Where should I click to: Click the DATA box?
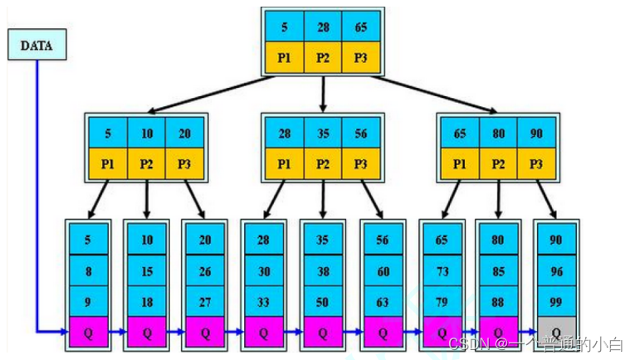coord(36,46)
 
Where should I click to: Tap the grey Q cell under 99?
coord(556,332)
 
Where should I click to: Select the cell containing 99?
coord(556,302)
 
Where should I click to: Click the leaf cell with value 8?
coord(88,270)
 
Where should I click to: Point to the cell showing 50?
coord(323,302)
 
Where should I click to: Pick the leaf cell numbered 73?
coord(441,270)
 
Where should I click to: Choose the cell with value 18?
coord(147,302)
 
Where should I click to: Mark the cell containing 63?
coord(382,302)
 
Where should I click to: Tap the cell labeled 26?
coord(206,270)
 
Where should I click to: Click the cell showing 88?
coord(498,302)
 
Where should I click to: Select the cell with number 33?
coord(263,302)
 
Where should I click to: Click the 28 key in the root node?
coord(323,27)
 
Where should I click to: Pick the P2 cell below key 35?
coord(323,163)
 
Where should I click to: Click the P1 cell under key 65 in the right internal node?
coord(460,163)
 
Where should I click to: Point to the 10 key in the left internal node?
coord(147,133)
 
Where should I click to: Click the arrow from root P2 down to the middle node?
coord(323,95)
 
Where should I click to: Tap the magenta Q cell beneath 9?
coord(88,332)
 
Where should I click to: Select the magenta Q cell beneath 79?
coord(441,332)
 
